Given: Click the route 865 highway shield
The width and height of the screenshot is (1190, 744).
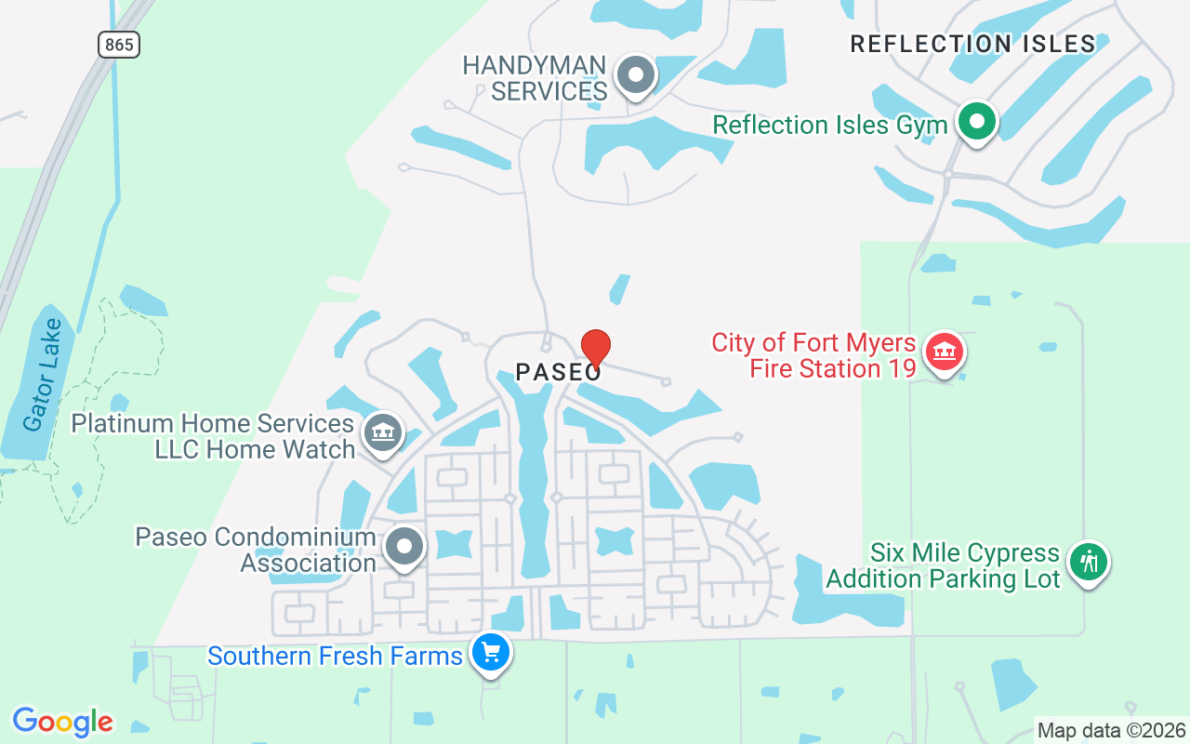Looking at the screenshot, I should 118,44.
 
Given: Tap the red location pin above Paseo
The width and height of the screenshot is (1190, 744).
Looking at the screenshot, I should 595,348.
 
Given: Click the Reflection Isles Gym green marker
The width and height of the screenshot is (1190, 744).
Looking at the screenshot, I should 976,122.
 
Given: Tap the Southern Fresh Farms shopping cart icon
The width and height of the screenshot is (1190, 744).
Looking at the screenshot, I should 490,653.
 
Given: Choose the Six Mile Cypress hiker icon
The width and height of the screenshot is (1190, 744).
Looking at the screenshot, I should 1088,562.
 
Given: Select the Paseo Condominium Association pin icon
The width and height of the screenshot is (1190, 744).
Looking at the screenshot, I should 404,547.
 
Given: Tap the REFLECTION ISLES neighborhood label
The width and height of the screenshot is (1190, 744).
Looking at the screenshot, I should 972,44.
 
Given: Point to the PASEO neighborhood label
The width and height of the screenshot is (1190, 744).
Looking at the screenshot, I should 559,373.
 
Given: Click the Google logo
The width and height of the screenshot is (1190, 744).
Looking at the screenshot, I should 63,722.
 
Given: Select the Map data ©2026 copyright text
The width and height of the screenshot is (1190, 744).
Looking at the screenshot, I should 1111,731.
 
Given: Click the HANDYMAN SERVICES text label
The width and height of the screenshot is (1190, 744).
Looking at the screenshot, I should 535,78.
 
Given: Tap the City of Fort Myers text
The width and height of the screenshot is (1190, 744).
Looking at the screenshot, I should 814,342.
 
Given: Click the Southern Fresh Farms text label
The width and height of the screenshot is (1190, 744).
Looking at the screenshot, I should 335,656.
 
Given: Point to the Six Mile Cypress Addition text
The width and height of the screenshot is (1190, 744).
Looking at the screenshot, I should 943,565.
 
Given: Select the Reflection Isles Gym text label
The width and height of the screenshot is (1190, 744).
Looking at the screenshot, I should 830,125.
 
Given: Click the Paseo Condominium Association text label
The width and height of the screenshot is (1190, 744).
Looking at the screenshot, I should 256,550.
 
